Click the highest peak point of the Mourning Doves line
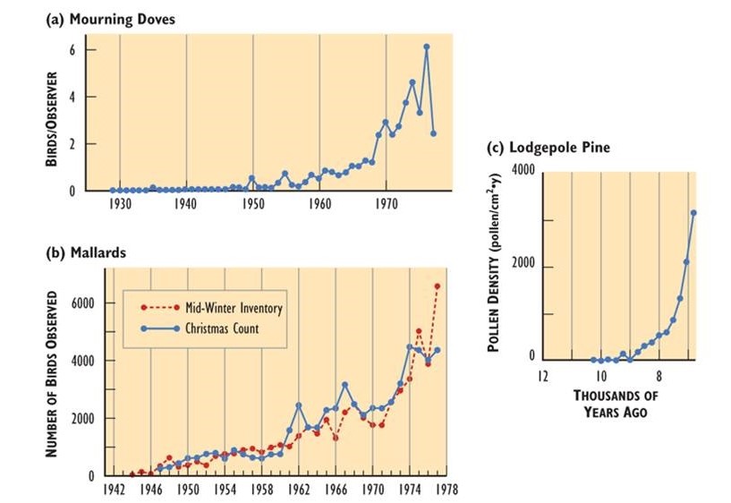[x=426, y=47]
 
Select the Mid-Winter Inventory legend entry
[x=226, y=309]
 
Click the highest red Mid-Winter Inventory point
[x=438, y=286]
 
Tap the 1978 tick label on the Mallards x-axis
[x=448, y=490]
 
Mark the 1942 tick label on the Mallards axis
[x=114, y=490]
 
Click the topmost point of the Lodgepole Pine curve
[x=693, y=212]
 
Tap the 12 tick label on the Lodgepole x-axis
[x=542, y=375]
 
